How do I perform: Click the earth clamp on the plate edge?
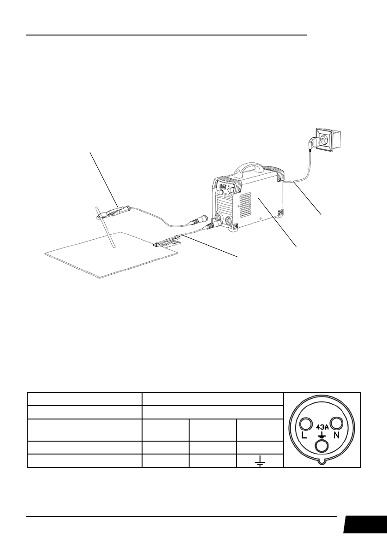coord(166,242)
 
